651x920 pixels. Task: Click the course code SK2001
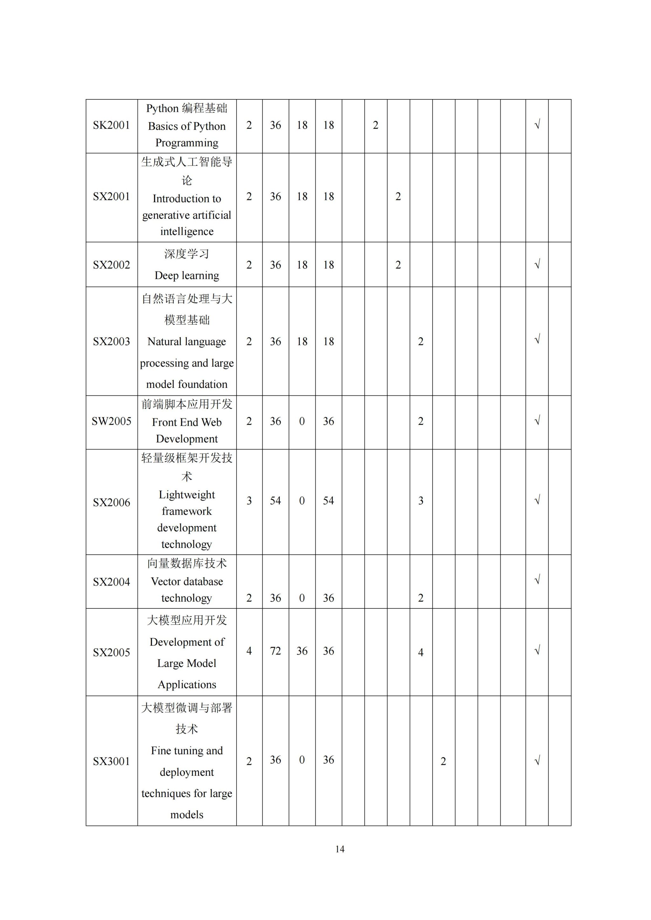pyautogui.click(x=112, y=125)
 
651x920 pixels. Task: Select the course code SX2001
pyautogui.click(x=112, y=197)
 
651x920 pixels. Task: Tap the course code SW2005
pyautogui.click(x=112, y=422)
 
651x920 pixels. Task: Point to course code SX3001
pyautogui.click(x=112, y=761)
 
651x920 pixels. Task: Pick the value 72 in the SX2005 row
pyautogui.click(x=275, y=651)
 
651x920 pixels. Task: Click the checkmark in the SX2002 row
pyautogui.click(x=537, y=264)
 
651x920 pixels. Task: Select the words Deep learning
pyautogui.click(x=187, y=276)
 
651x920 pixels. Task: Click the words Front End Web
pyautogui.click(x=187, y=422)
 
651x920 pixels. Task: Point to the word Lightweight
pyautogui.click(x=187, y=495)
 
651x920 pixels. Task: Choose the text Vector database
pyautogui.click(x=187, y=582)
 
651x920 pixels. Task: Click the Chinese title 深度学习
pyautogui.click(x=187, y=254)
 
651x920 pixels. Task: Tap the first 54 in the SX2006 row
pyautogui.click(x=275, y=501)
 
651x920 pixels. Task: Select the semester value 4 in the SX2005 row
pyautogui.click(x=421, y=652)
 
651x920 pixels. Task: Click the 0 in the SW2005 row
pyautogui.click(x=302, y=422)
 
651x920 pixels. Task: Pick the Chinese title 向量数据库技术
pyautogui.click(x=187, y=564)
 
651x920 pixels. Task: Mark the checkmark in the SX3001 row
pyautogui.click(x=537, y=760)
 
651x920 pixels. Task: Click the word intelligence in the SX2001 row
pyautogui.click(x=187, y=232)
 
